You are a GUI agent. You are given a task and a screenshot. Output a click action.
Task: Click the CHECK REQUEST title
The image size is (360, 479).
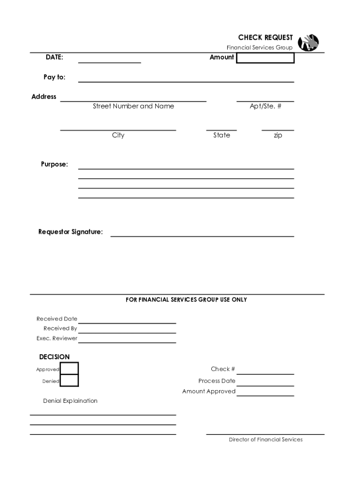[265, 38]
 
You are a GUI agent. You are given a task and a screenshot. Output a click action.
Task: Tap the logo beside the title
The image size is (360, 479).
[309, 43]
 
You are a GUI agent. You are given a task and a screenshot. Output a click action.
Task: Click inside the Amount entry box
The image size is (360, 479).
[266, 58]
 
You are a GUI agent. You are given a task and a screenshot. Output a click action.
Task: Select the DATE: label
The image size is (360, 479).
[54, 57]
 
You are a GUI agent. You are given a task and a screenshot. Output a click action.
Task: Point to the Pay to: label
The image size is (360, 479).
[55, 77]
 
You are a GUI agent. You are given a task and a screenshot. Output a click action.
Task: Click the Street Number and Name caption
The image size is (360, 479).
[133, 106]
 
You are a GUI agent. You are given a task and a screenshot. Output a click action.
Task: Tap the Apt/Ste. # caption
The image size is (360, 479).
[266, 106]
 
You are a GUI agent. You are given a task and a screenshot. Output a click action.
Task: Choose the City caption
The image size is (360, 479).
[118, 135]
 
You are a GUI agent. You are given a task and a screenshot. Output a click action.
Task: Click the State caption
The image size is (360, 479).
[222, 135]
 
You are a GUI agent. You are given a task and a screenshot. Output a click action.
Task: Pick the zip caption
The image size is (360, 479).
[278, 135]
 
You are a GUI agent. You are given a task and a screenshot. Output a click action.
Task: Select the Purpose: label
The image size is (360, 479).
[54, 164]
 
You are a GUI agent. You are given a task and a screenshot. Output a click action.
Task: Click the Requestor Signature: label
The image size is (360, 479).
[71, 232]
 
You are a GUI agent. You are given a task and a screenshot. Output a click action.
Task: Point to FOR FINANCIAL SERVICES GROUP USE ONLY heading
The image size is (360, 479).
[186, 299]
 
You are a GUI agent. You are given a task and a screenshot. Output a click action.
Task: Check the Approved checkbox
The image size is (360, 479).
[70, 369]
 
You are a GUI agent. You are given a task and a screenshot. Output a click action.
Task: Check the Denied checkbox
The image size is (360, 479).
[70, 381]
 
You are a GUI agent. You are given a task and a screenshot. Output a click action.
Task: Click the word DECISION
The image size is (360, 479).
[54, 357]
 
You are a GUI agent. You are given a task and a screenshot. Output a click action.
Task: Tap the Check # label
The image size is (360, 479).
[223, 369]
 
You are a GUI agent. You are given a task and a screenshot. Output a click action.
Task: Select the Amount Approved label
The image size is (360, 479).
[209, 392]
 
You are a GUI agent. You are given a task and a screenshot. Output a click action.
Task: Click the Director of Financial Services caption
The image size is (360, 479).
[266, 440]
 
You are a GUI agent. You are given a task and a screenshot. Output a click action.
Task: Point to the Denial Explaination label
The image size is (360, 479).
[70, 401]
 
